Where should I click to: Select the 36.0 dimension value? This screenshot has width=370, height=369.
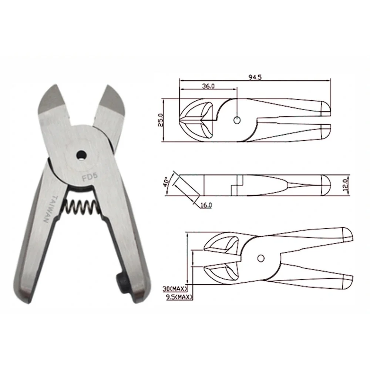coord(208,86)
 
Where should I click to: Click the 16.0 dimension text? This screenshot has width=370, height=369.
coord(206,205)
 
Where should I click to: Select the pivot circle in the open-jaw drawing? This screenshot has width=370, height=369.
coord(261,258)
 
